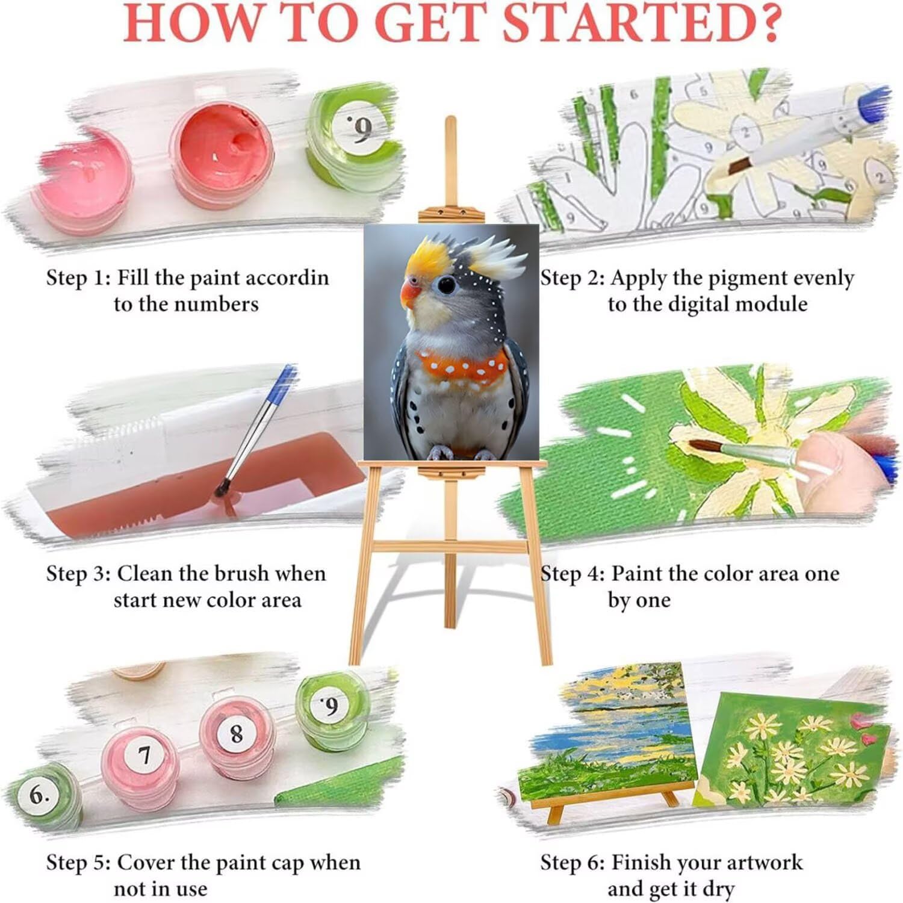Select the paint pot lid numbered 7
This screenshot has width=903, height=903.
144,754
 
